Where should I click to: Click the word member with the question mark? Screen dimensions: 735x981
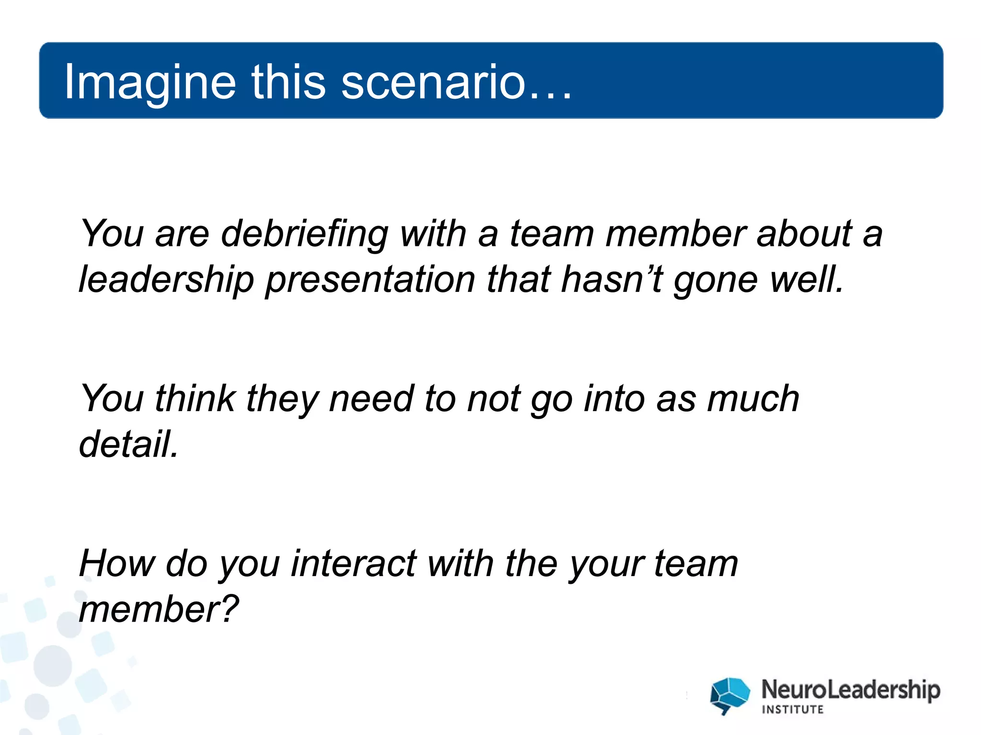pos(158,609)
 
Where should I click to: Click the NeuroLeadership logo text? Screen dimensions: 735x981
pos(850,690)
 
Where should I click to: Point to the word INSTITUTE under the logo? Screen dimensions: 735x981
pos(792,710)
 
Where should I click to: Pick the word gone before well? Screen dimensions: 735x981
pos(717,280)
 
